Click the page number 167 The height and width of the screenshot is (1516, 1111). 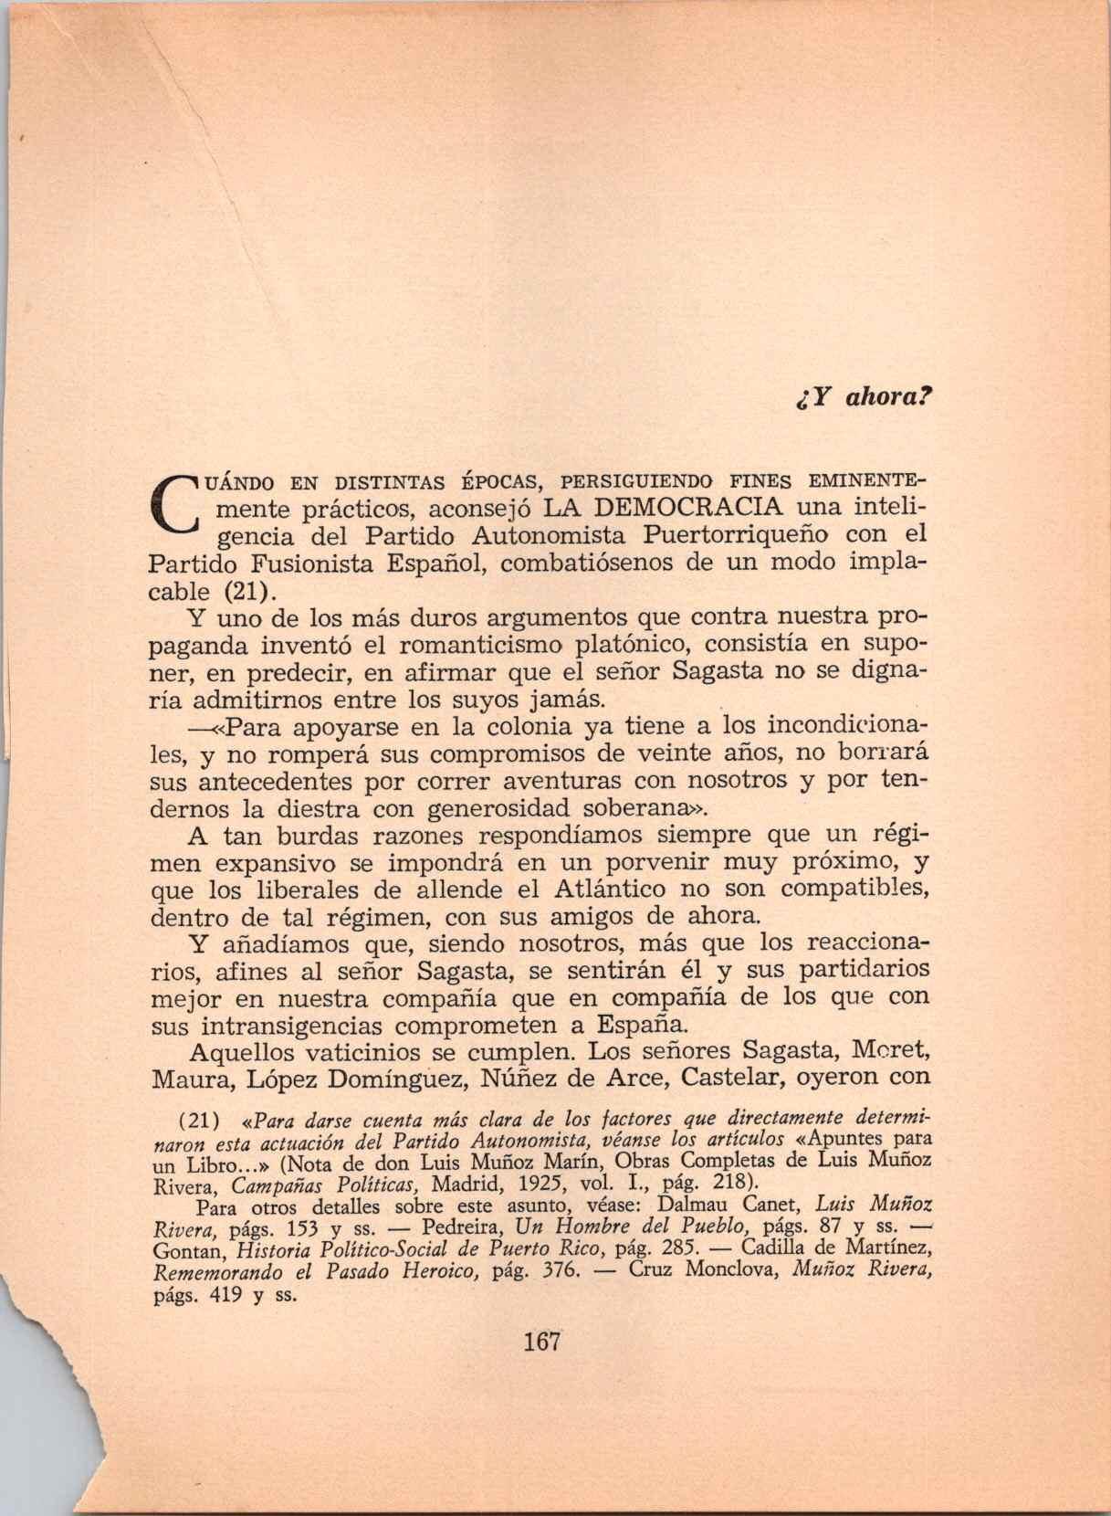coord(541,1342)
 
